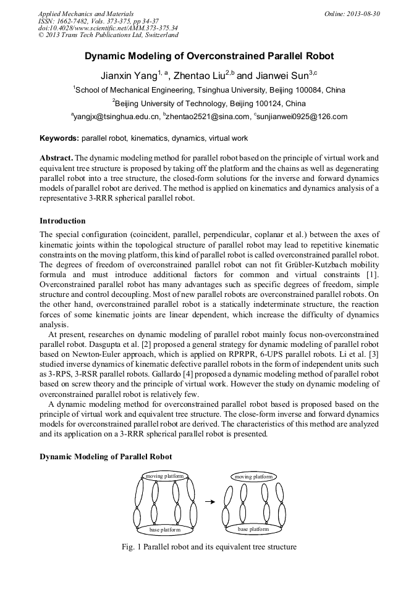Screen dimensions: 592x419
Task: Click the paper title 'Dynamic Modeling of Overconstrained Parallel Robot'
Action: [x=209, y=56]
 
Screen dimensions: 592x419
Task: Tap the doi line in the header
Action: [x=108, y=28]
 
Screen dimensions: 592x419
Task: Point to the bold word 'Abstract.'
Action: [x=56, y=158]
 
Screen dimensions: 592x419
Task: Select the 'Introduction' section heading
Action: [x=62, y=221]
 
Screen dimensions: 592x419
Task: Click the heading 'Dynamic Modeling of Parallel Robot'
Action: [x=106, y=456]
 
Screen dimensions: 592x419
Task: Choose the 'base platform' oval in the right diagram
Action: [x=253, y=529]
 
